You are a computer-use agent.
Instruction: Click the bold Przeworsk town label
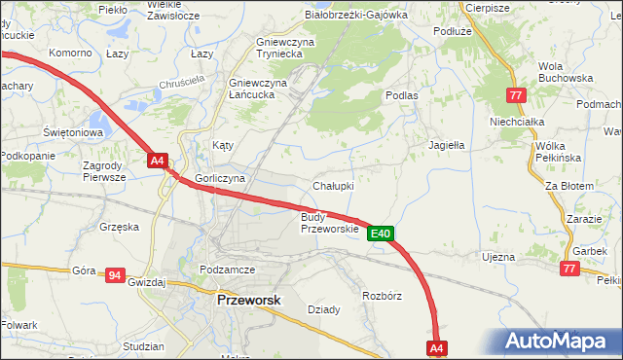coord(248,301)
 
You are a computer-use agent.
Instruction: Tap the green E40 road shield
coord(381,234)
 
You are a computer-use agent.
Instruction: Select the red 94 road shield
coord(115,275)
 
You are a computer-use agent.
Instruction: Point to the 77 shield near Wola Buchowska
coord(517,95)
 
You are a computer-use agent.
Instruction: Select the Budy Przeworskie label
coord(328,223)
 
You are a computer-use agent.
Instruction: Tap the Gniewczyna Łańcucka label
coord(258,89)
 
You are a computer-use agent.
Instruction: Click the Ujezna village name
coord(497,257)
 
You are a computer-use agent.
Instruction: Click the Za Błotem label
coord(568,185)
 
